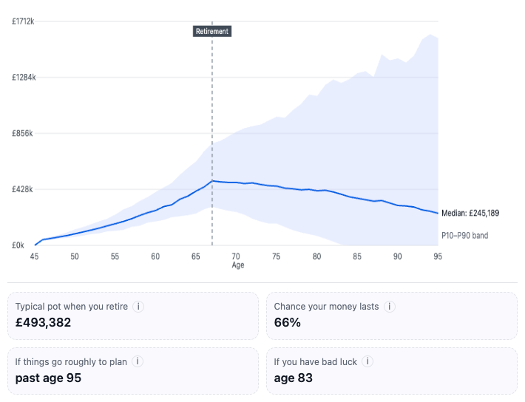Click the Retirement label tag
point(212,32)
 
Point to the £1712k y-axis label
point(23,21)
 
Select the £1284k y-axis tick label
point(24,78)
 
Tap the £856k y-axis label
point(22,133)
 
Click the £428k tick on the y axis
point(22,189)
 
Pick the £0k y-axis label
point(18,245)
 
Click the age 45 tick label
point(34,256)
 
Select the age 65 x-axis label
point(195,256)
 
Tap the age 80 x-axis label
point(316,256)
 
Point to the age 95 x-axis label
point(438,256)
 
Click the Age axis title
point(237,265)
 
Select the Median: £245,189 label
point(470,214)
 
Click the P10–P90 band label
point(464,236)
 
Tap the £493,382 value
point(43,322)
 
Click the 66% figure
point(288,322)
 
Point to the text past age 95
point(48,378)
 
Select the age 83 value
point(294,378)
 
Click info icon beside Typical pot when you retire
point(138,306)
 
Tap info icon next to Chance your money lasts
point(390,306)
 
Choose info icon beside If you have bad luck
point(367,361)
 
